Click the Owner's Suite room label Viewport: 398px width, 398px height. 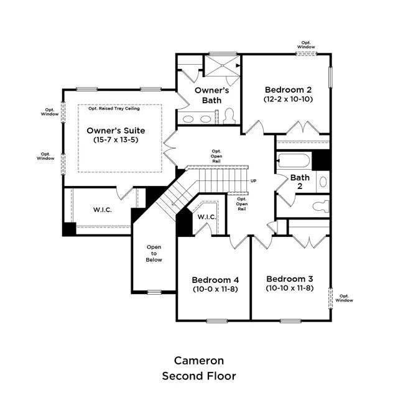tap(116, 131)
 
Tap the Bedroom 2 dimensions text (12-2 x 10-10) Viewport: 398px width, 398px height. tap(288, 99)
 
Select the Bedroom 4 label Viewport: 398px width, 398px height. tap(215, 280)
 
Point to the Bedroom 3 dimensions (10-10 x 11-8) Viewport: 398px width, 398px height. tap(290, 288)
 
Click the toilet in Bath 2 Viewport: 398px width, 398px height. tap(321, 206)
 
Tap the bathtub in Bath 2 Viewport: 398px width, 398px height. tap(294, 160)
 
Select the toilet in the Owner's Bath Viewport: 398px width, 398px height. tap(229, 116)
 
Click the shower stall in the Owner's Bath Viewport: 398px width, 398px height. tap(222, 66)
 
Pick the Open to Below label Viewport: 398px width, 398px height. tap(154, 253)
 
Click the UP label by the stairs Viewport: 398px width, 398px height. tap(253, 181)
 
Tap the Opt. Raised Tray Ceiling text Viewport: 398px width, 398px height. tap(114, 108)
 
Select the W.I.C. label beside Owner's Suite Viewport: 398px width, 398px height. tap(103, 210)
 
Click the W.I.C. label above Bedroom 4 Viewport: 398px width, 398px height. tap(207, 217)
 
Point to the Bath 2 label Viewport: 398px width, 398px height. tap(300, 182)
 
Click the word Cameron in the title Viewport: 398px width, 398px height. tap(199, 361)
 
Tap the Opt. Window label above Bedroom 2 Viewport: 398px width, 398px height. tap(306, 45)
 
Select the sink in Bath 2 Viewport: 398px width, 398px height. tap(323, 182)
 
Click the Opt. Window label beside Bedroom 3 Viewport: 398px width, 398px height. tap(344, 298)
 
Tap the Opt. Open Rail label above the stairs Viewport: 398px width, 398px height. tap(216, 156)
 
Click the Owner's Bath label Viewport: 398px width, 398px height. tap(211, 95)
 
